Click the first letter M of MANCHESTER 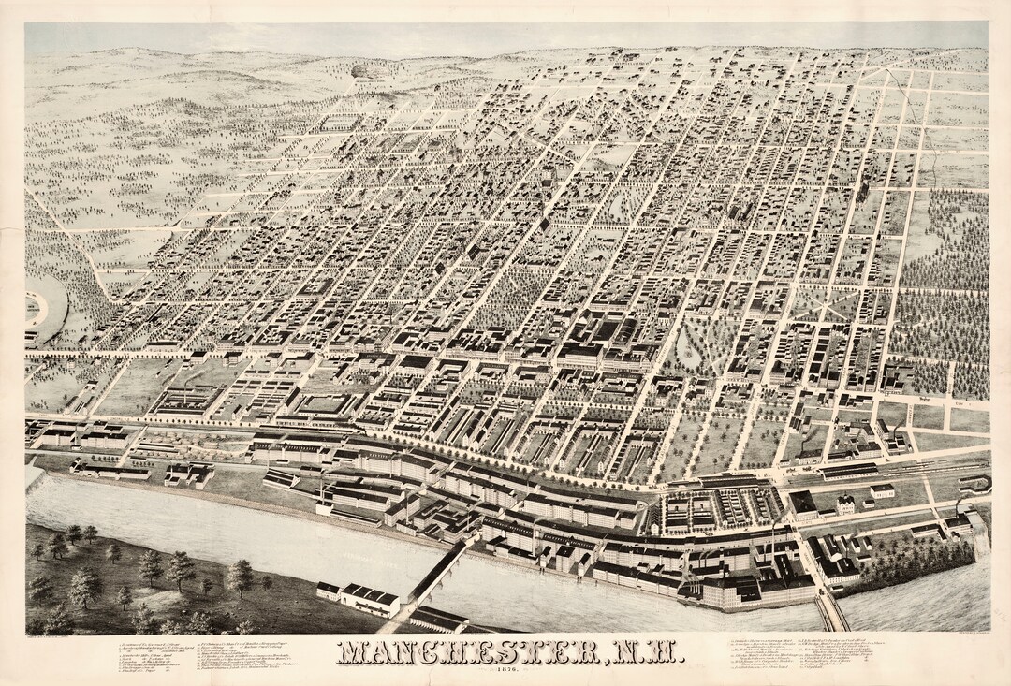[352, 652]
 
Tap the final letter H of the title [659, 652]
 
